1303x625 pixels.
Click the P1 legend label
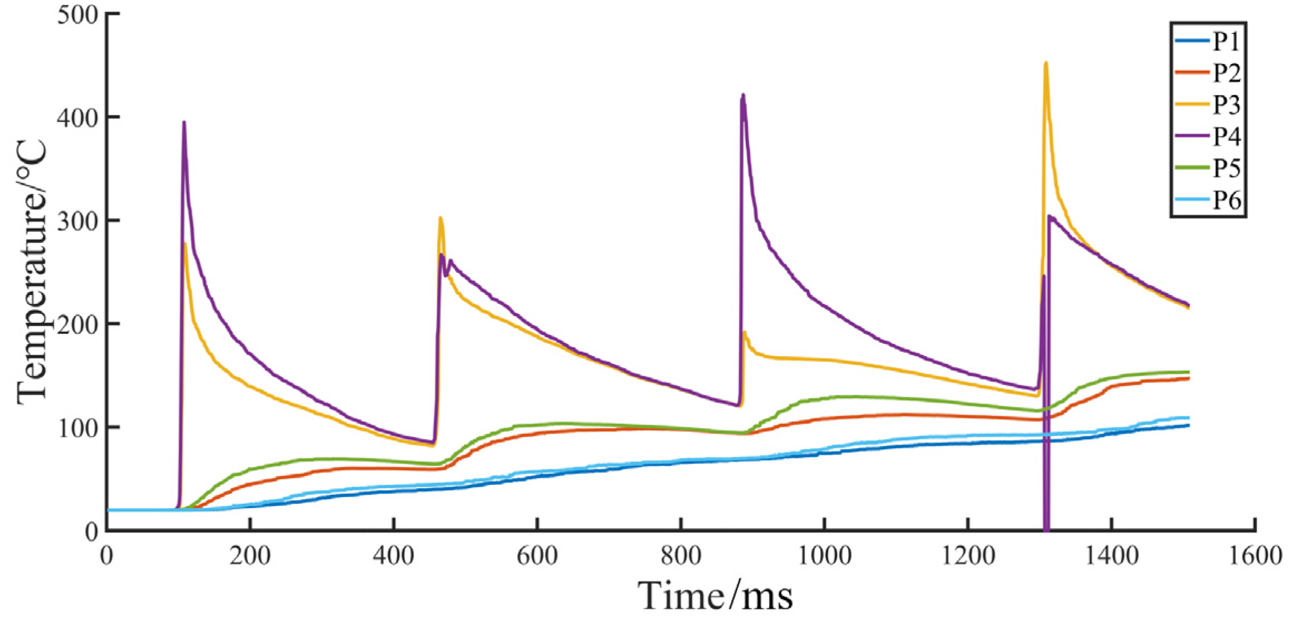(1226, 41)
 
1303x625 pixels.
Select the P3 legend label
(1226, 104)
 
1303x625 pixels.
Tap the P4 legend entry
(1226, 136)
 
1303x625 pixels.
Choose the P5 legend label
(1226, 168)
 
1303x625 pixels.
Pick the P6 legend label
(1226, 199)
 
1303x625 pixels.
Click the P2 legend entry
(1226, 72)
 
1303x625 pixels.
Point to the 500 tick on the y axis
(77, 14)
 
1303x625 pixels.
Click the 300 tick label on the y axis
(77, 221)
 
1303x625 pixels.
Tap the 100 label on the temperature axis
(77, 428)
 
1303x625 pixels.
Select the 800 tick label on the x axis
(681, 555)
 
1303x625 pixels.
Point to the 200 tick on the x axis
(250, 555)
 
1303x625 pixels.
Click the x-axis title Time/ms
(715, 596)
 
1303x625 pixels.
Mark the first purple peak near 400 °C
(184, 122)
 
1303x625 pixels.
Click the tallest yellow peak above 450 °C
(1046, 63)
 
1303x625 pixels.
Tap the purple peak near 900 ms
(743, 95)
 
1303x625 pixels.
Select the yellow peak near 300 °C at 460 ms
(440, 218)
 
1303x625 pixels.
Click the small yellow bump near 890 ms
(745, 333)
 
